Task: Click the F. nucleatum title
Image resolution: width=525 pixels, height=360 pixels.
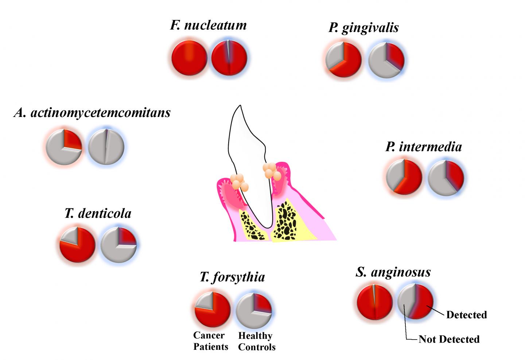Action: coord(209,25)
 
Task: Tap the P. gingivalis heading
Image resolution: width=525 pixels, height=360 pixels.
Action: coord(363,28)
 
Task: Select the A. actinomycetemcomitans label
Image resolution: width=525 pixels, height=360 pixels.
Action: coord(92,113)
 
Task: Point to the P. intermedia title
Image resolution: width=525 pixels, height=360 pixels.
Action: coord(424,147)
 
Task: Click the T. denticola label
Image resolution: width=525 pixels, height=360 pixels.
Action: coord(98,213)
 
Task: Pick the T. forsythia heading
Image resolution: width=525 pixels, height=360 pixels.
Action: coord(232,277)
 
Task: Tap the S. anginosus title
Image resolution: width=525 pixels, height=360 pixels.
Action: coord(393,272)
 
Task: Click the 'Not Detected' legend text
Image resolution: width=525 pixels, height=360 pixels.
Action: coord(449,339)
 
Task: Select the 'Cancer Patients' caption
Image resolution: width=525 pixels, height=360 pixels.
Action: coord(211,341)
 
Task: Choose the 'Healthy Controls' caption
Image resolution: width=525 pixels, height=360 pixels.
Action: coord(257,341)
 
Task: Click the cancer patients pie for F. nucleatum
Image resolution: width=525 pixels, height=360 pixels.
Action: coord(189,58)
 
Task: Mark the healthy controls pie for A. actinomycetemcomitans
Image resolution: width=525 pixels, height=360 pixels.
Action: coord(106,147)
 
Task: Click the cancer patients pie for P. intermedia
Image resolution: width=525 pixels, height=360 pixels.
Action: coord(404,177)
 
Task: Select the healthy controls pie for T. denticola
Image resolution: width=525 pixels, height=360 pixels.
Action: coord(118,244)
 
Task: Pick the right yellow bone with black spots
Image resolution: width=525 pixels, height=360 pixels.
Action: coord(286,222)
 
